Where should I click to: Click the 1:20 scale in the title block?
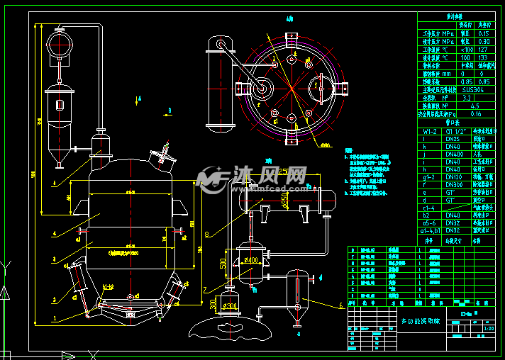(x=489, y=328)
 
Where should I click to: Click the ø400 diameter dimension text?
(x=249, y=260)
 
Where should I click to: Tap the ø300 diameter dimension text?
(x=228, y=306)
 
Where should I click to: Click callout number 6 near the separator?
(x=340, y=306)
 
